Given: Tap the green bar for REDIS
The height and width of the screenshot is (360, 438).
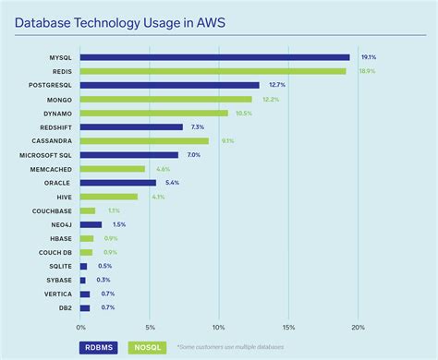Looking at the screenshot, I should pos(213,71).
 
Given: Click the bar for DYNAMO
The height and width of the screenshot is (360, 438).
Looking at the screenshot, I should pos(153,114).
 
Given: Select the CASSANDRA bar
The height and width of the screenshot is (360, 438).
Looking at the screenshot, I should pos(144,141).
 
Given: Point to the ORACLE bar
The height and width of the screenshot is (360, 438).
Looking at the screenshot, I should pos(117,183).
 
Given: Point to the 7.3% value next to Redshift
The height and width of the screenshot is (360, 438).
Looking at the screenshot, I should pos(198,127).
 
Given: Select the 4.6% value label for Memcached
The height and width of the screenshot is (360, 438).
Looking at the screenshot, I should pos(163,169).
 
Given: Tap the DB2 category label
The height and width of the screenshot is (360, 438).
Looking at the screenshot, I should pos(66,307).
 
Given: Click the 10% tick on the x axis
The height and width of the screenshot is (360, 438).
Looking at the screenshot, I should pos(219,326).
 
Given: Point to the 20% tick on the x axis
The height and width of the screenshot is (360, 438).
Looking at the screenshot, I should pos(358,326).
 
